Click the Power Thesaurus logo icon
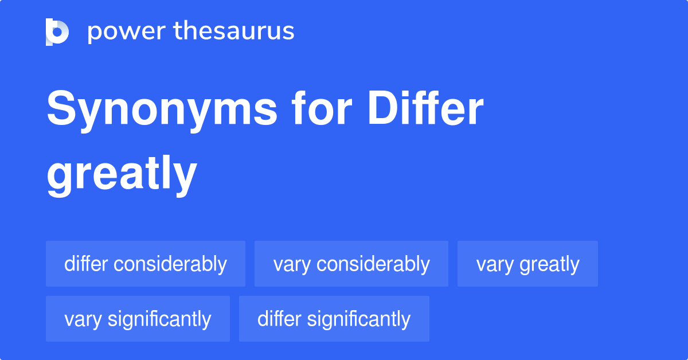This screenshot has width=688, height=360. [x=57, y=32]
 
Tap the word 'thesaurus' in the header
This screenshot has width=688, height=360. [x=234, y=32]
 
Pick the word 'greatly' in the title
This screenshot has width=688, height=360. [x=122, y=174]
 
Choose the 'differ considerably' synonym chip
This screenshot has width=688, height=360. [x=146, y=264]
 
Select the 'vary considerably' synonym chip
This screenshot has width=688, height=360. [x=351, y=264]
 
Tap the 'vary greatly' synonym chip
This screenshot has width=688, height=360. [x=527, y=264]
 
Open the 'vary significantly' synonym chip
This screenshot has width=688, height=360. [x=138, y=319]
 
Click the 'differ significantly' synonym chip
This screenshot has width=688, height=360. [x=334, y=319]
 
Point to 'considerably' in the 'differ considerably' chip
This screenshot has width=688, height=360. [x=170, y=264]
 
